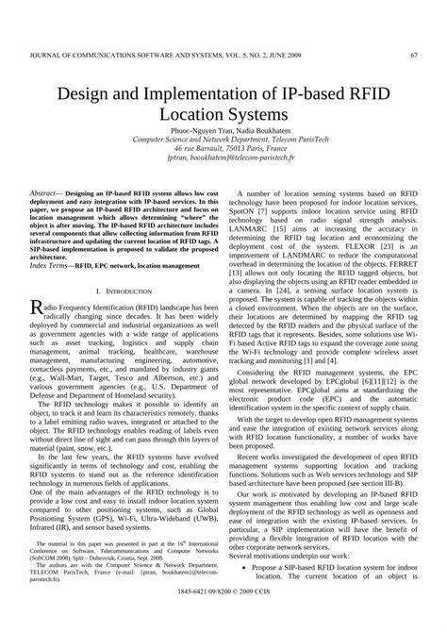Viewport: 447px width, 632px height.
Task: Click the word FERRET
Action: tap(401, 263)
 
